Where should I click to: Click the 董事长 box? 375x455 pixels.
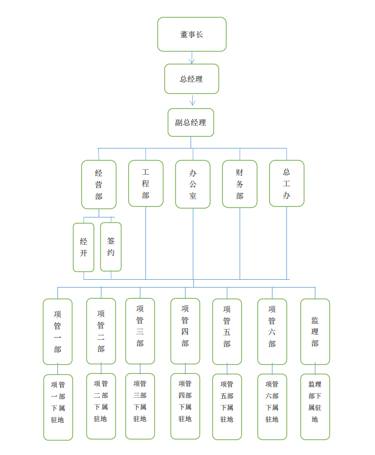pos(192,34)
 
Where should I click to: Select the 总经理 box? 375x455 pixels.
pos(192,79)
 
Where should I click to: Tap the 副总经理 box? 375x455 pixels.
pos(191,122)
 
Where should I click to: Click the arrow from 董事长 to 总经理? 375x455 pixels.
pos(192,58)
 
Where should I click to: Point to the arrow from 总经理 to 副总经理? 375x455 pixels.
pos(192,100)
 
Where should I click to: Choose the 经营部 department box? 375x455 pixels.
pos(99,185)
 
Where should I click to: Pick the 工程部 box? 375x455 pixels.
pos(145,184)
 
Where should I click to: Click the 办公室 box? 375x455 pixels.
pos(193,184)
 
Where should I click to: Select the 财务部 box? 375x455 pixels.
pos(240,184)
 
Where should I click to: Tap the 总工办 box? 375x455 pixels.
pos(286,184)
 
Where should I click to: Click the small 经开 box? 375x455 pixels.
pos(84,247)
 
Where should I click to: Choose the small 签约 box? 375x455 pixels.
pos(111,247)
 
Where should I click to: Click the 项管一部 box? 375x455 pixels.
pos(57,332)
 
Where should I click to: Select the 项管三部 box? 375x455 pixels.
pos(140,331)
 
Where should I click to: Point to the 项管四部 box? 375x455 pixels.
pos(185,331)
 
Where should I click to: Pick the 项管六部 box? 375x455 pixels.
pos(272,332)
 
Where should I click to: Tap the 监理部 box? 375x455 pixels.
pos(315,332)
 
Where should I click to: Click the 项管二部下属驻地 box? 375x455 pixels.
pos(101,406)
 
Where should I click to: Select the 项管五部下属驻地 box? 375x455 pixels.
pos(227,407)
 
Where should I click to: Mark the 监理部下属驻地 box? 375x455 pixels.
pos(315,407)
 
